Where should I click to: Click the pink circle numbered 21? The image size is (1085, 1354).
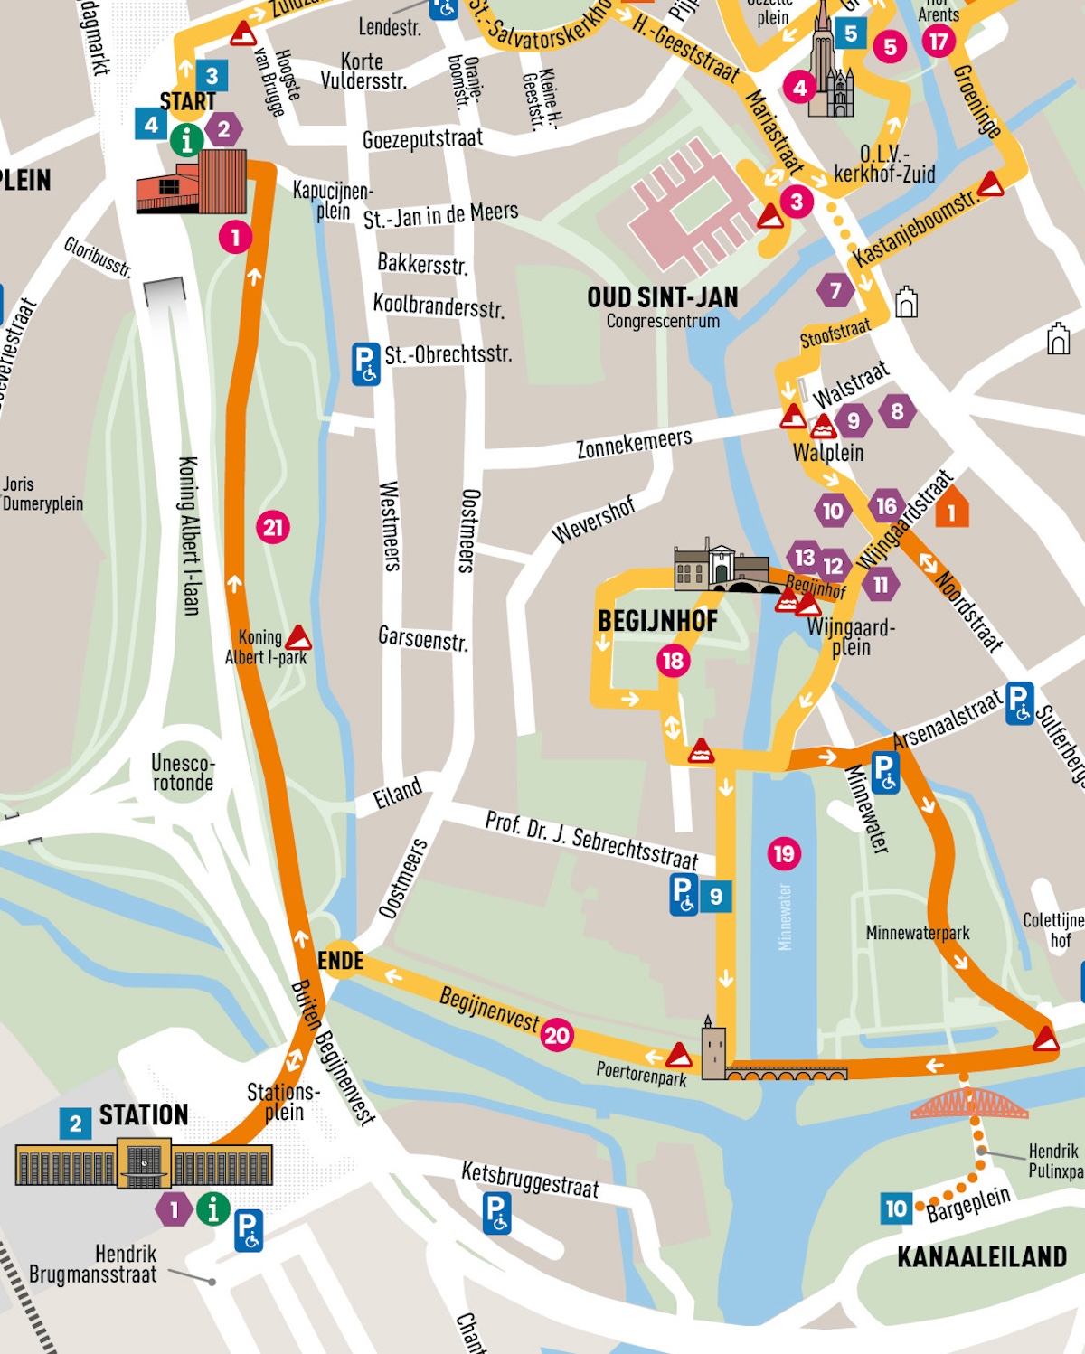tap(273, 527)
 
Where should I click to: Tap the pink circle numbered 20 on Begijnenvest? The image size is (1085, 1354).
tap(557, 1035)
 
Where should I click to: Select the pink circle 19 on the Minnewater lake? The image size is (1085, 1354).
tap(784, 853)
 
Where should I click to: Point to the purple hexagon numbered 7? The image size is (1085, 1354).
tap(835, 290)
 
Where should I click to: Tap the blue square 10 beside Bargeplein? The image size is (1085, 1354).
tap(895, 1208)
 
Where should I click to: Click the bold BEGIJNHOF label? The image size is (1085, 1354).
tap(657, 621)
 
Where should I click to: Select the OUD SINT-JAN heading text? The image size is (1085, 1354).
tap(662, 297)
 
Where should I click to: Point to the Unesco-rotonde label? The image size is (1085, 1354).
tap(183, 773)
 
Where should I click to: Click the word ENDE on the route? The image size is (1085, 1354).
tap(340, 961)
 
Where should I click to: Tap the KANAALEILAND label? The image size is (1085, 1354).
tap(981, 1256)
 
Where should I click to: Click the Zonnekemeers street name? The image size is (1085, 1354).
tap(634, 443)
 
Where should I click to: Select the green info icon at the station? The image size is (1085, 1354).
tap(213, 1208)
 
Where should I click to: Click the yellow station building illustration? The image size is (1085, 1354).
tap(144, 1164)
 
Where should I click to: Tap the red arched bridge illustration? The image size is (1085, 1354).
tap(969, 1105)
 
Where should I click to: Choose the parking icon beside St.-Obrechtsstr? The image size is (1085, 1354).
tap(365, 363)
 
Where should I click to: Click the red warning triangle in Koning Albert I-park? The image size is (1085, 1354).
tap(298, 638)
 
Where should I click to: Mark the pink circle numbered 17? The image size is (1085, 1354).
tap(939, 41)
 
